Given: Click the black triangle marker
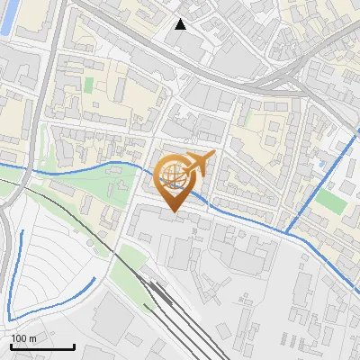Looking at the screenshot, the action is pos(181,24).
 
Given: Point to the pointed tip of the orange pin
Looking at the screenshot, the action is pos(172,211).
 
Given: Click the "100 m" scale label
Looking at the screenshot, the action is pos(24,338).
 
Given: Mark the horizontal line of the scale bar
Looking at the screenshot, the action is pos(42,346).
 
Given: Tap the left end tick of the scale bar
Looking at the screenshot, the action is pos(11,346).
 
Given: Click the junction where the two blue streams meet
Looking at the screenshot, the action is pos(287,232).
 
